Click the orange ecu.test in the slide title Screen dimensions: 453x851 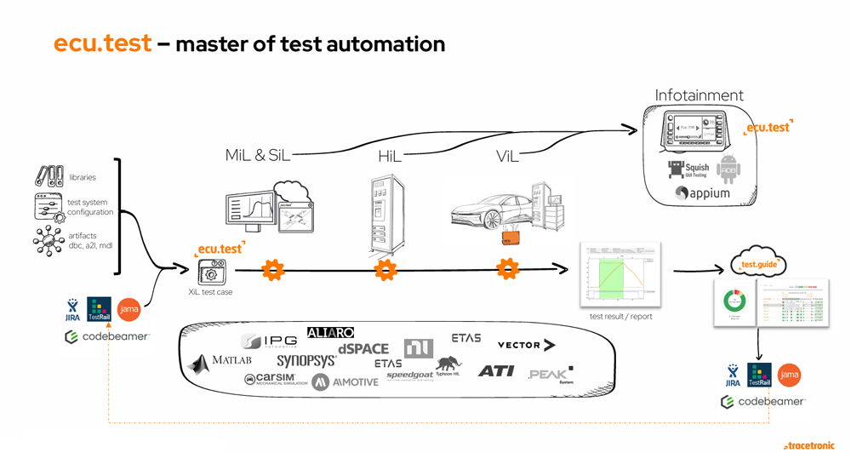point(102,43)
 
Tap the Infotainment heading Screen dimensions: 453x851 point(699,95)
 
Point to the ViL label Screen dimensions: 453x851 point(507,156)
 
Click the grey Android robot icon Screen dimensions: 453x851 point(728,169)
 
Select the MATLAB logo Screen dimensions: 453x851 point(220,361)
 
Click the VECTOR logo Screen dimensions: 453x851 point(526,345)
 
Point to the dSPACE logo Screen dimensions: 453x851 point(363,348)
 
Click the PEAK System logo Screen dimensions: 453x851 point(551,374)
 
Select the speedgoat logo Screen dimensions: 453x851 point(409,376)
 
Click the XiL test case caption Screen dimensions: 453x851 point(210,292)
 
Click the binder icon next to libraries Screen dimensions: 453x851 point(49,176)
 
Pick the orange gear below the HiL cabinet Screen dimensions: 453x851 point(386,271)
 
